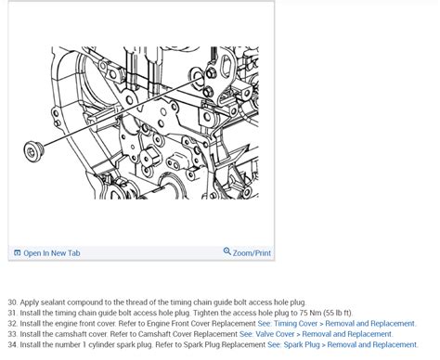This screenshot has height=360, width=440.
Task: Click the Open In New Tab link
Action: coord(52,253)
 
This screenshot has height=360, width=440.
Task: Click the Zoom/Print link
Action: coord(252,252)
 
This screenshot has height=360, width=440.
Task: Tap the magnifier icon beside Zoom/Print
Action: coord(227,251)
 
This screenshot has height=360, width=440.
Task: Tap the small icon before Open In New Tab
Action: coord(18,253)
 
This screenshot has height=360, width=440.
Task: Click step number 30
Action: coord(12,302)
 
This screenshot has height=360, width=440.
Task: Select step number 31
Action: coord(12,313)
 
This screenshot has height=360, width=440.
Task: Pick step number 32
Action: coord(12,324)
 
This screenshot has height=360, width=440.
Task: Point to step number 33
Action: coord(12,334)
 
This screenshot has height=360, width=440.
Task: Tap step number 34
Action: coord(12,344)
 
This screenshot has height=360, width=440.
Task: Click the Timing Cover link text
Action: coord(296,324)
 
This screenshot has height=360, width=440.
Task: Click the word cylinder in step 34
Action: coord(105,344)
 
